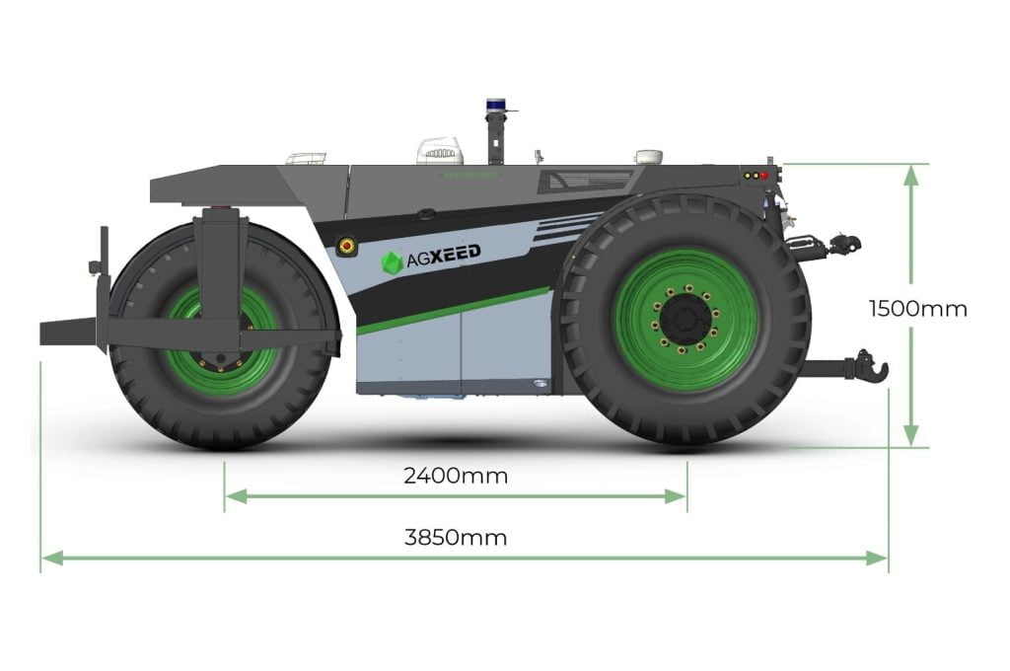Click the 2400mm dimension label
[x=456, y=476]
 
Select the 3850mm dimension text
[x=456, y=537]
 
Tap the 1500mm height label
[x=918, y=309]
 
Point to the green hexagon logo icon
[x=393, y=263]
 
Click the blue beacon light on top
[x=495, y=105]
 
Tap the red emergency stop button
[x=346, y=245]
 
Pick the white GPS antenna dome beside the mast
[x=441, y=151]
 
